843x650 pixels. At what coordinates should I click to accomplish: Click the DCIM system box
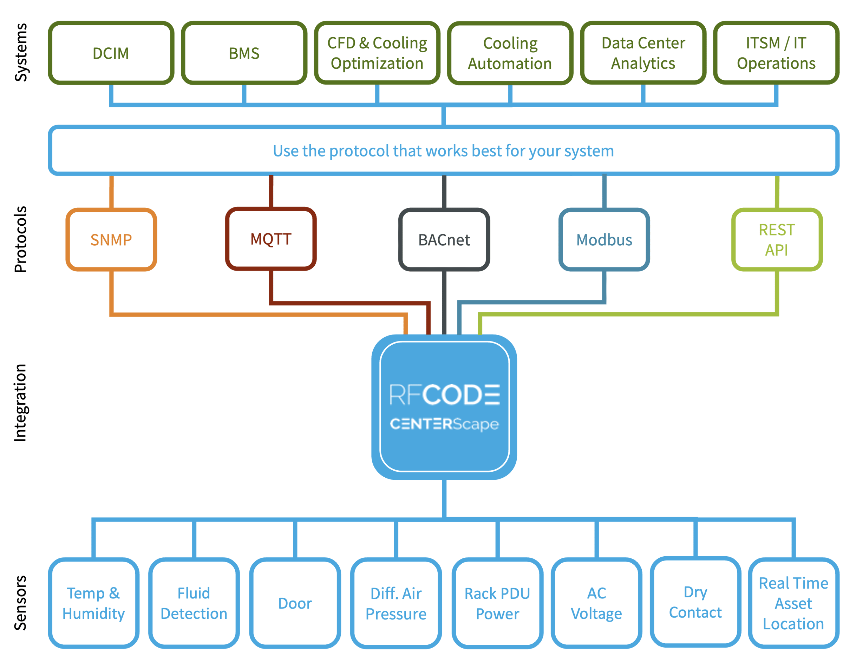pyautogui.click(x=111, y=53)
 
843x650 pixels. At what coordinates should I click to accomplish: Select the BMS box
pyautogui.click(x=244, y=53)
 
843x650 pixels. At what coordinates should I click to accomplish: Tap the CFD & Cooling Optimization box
pyautogui.click(x=377, y=53)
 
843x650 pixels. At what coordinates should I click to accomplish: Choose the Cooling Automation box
pyautogui.click(x=510, y=53)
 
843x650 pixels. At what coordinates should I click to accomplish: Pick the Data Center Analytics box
pyautogui.click(x=643, y=53)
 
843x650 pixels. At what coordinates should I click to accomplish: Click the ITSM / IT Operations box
pyautogui.click(x=776, y=53)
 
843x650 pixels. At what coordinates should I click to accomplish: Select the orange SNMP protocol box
pyautogui.click(x=111, y=240)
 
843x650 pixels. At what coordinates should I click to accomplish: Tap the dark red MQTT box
pyautogui.click(x=271, y=239)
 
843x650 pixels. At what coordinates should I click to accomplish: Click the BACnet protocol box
pyautogui.click(x=444, y=240)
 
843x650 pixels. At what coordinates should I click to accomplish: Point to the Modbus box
pyautogui.click(x=604, y=240)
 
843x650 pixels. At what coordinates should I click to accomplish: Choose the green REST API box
pyautogui.click(x=777, y=240)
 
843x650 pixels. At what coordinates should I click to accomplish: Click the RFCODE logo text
pyautogui.click(x=444, y=394)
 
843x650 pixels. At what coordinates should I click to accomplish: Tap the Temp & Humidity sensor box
pyautogui.click(x=93, y=603)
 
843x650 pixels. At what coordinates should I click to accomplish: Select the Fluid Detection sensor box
pyautogui.click(x=194, y=603)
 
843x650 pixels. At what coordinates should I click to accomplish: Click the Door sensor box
pyautogui.click(x=295, y=603)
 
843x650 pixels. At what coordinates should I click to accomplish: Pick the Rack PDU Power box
pyautogui.click(x=497, y=603)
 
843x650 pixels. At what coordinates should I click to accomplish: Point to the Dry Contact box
pyautogui.click(x=695, y=602)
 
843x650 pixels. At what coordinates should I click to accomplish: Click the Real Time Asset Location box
pyautogui.click(x=793, y=603)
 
